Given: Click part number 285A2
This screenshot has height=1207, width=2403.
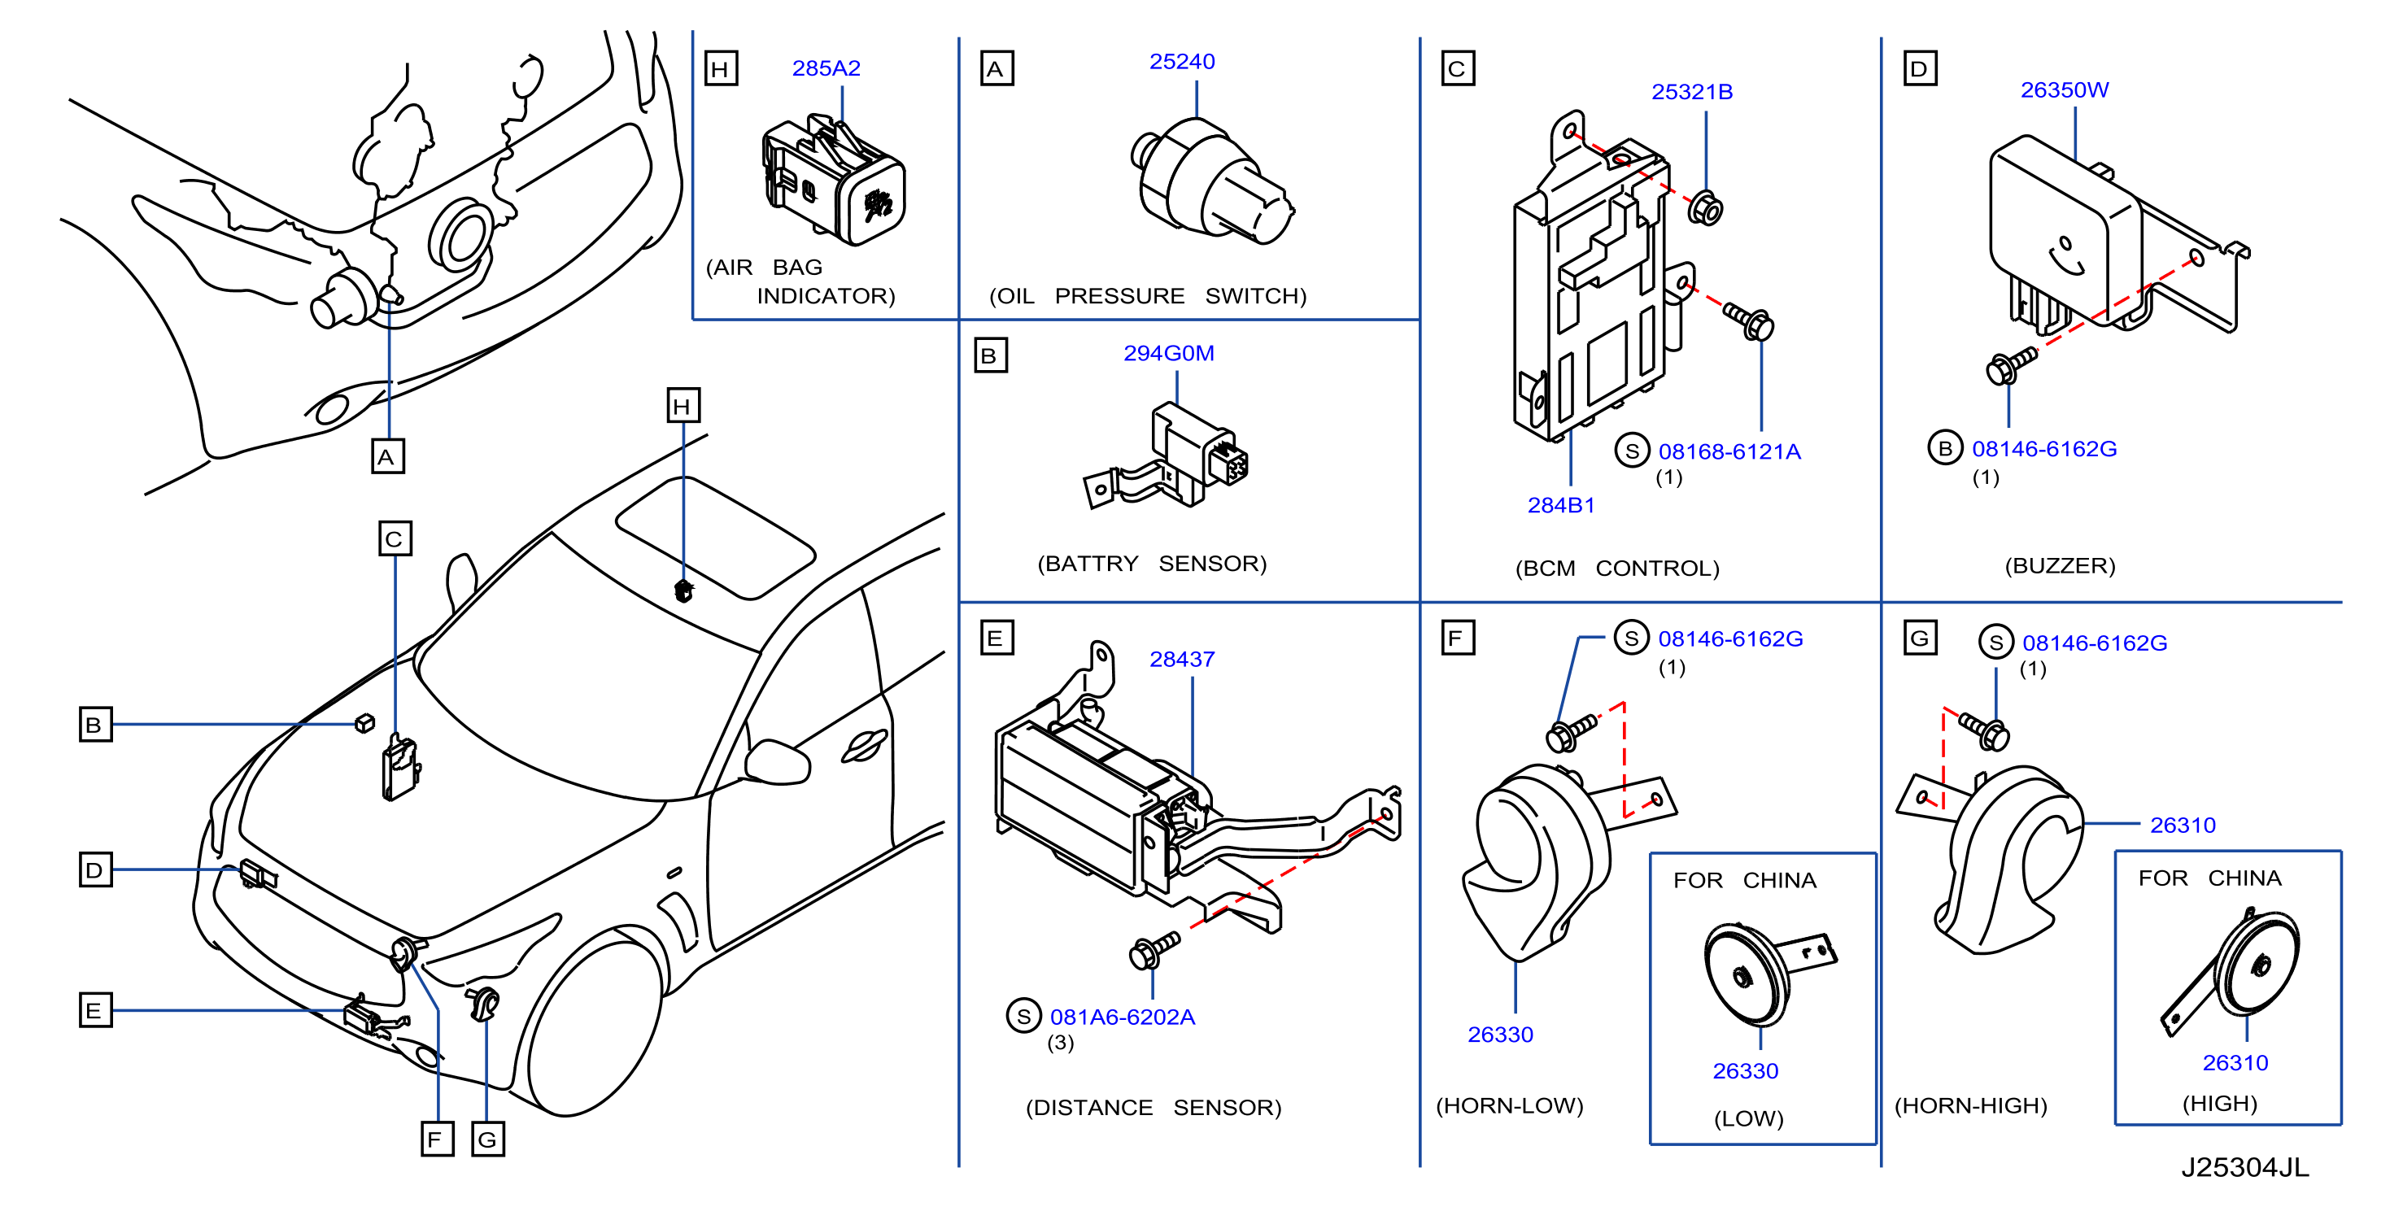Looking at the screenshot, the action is tap(826, 68).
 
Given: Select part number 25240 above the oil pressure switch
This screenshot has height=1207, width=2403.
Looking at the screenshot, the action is tap(1182, 62).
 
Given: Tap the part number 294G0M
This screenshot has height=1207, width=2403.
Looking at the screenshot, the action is tap(1168, 354).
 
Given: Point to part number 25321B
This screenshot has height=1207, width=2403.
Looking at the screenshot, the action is tap(1691, 91).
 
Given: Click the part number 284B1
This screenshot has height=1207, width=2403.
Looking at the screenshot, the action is tap(1560, 506).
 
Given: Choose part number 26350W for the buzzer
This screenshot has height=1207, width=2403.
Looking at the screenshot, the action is tap(2064, 89).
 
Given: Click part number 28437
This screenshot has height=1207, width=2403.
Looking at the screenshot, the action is tap(1182, 660).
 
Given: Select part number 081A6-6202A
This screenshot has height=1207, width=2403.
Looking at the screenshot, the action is tap(1123, 1017).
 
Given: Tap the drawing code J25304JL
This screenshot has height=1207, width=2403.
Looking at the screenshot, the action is tap(2244, 1167).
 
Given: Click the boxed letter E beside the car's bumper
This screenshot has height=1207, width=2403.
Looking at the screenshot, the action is tap(95, 1010).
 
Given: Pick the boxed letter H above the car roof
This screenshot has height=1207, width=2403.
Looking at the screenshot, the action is tap(683, 406).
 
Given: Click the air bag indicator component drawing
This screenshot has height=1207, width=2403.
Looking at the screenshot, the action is tap(833, 179).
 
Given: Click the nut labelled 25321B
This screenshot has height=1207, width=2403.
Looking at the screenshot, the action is tap(1705, 208).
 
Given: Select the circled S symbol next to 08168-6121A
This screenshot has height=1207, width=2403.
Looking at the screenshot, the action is tap(1632, 451).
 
